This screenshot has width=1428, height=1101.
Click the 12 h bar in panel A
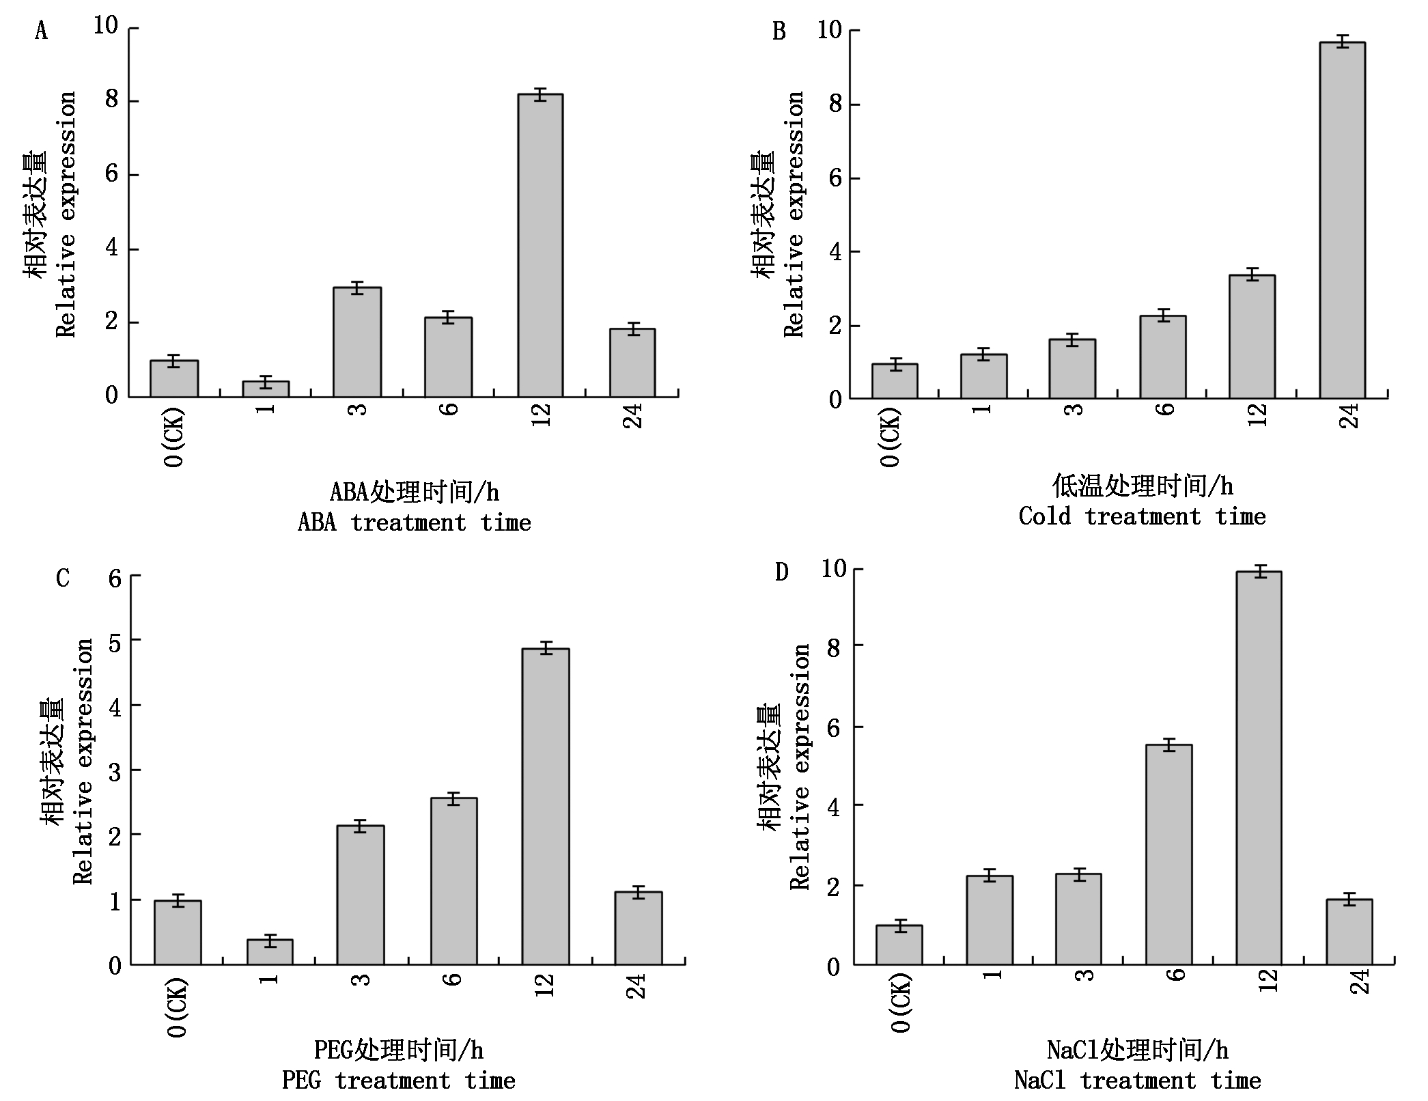(x=540, y=246)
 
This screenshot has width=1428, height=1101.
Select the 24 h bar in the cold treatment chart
(x=1342, y=220)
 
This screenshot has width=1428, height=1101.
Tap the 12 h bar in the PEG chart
(x=546, y=807)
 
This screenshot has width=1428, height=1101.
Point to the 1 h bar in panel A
(x=266, y=389)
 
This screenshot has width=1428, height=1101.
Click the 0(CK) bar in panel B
(x=895, y=381)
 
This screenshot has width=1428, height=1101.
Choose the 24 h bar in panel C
(x=639, y=928)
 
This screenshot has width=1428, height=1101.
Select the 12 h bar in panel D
(x=1259, y=768)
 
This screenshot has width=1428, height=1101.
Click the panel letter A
(x=42, y=31)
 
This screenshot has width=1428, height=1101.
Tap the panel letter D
(x=782, y=572)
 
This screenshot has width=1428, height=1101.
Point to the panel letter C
(x=63, y=579)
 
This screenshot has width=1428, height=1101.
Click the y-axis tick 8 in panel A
(x=112, y=100)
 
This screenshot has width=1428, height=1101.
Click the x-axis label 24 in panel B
(x=1349, y=416)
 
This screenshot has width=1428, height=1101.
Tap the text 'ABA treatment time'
(x=414, y=523)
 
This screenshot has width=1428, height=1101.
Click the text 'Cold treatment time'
(x=1142, y=517)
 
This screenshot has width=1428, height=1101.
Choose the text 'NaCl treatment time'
(x=1137, y=1081)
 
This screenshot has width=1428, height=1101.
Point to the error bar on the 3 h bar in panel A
(x=357, y=288)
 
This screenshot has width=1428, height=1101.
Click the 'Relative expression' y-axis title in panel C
(x=83, y=762)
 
